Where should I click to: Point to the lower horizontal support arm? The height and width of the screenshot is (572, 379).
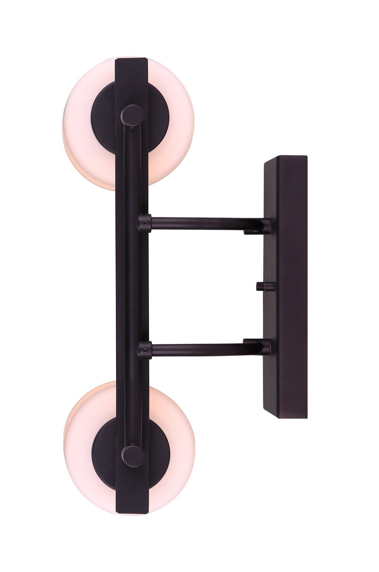[x=202, y=350]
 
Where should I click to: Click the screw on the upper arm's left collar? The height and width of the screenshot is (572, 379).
[x=144, y=221]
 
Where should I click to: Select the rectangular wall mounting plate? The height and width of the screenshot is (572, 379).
[x=290, y=286]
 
